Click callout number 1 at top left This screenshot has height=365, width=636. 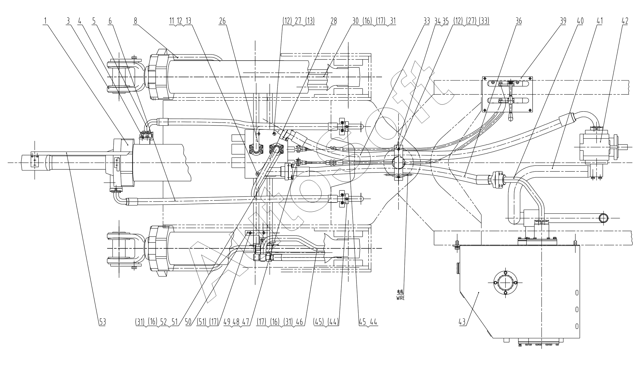pos(45,21)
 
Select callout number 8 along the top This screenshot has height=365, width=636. pos(136,21)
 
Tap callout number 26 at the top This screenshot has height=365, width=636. pos(222,21)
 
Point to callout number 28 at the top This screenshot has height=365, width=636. pos(334,21)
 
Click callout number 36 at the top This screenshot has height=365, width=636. pos(518,21)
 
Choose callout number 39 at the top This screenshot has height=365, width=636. pos(563,21)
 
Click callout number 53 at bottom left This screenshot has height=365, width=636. pos(102,322)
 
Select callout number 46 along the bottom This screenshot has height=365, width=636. pos(299,322)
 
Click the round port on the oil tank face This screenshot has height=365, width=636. pos(505,282)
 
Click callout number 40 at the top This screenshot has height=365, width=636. pos(580,21)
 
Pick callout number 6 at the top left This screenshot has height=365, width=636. pos(111,21)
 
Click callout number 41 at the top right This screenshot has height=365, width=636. pos(599,21)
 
